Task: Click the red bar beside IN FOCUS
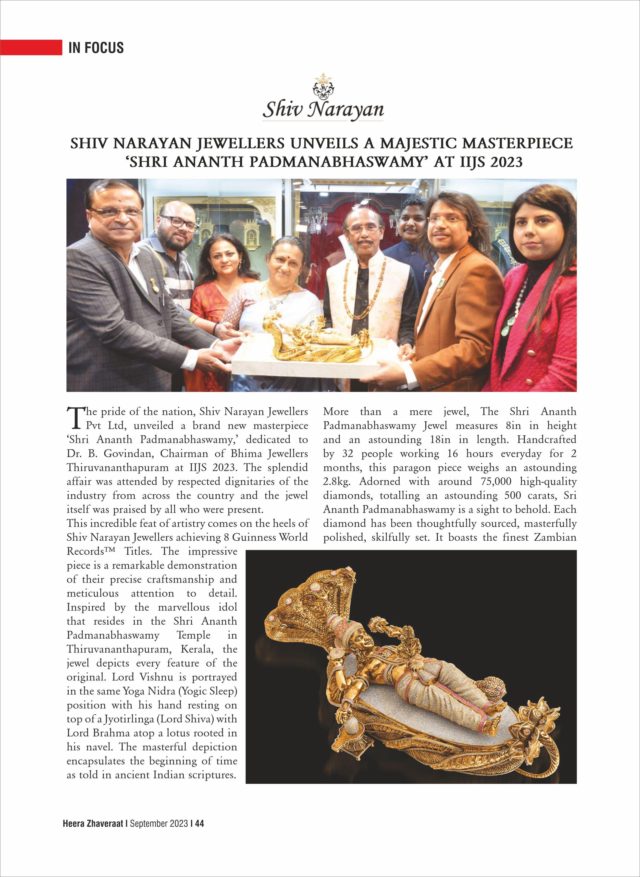click(x=31, y=47)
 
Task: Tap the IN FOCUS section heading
click(x=96, y=48)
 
